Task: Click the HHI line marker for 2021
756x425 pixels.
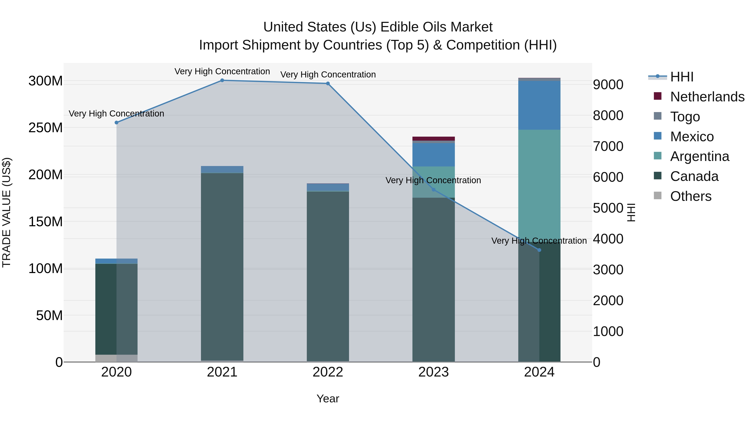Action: [x=222, y=80]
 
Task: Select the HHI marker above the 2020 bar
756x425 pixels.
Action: [x=117, y=123]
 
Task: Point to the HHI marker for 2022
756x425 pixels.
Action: [x=328, y=84]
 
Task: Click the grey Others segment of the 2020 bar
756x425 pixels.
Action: [x=117, y=358]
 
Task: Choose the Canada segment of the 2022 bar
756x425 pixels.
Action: [x=328, y=276]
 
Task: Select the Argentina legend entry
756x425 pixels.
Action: [x=699, y=156]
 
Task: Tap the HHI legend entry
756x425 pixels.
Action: [x=681, y=77]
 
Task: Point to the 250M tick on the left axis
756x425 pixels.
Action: [x=46, y=128]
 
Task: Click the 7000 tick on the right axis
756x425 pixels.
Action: [x=608, y=146]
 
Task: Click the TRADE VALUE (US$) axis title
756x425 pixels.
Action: [x=7, y=212]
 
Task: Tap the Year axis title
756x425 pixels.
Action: [x=328, y=399]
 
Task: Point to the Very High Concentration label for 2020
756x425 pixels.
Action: [x=117, y=114]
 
